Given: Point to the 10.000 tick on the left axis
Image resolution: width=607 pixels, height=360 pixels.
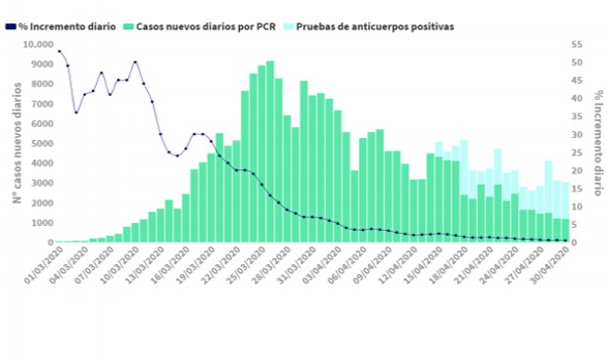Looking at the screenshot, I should point(34,45).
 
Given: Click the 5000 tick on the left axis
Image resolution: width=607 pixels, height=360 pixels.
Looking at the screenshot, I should point(39,144).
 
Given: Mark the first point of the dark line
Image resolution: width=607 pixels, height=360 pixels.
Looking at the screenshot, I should point(59,52).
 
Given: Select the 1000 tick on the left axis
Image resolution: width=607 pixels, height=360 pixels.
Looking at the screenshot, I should point(39,223).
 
